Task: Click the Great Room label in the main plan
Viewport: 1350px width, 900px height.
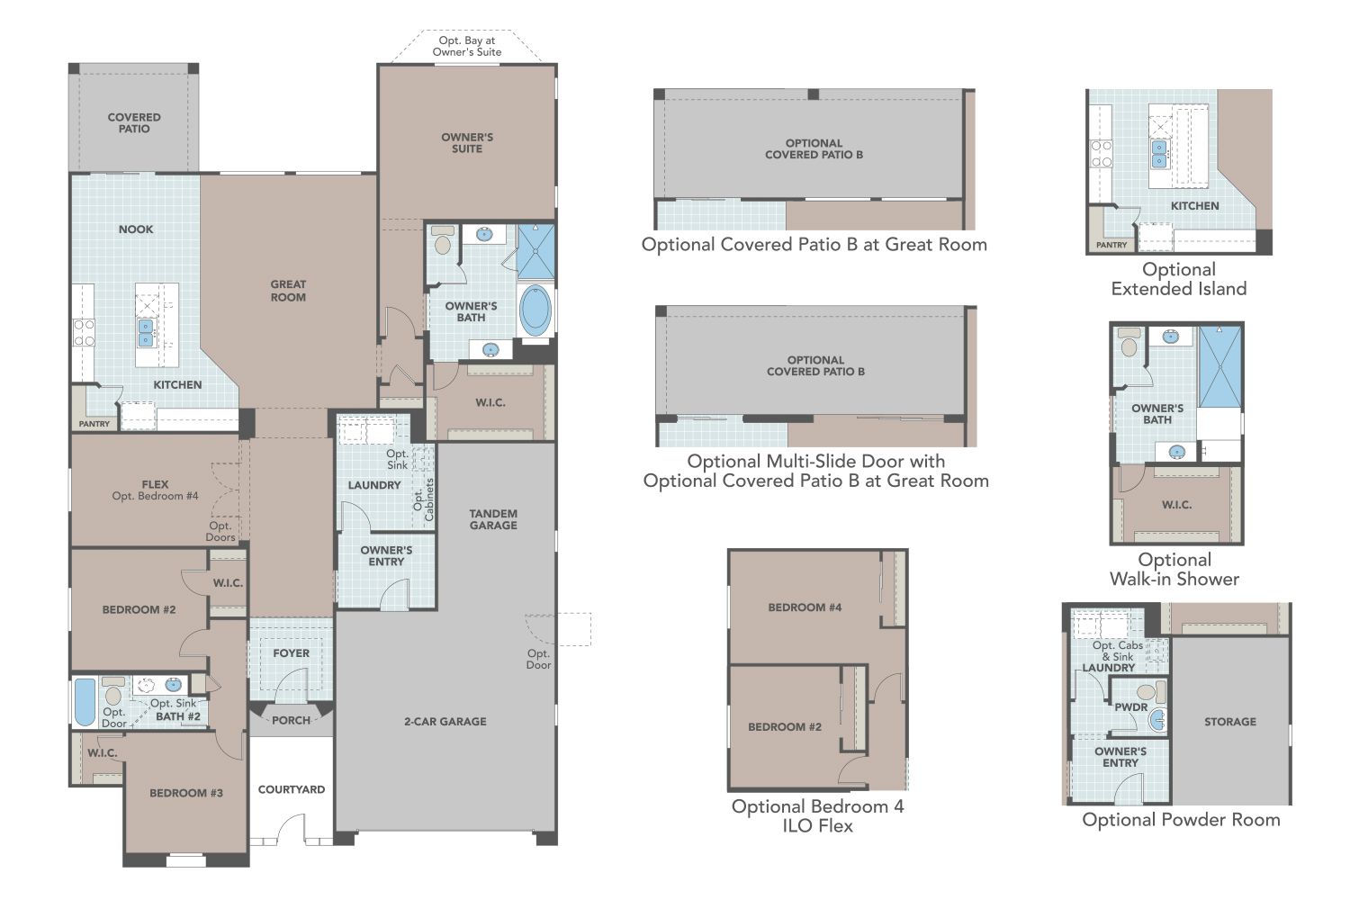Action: tap(288, 291)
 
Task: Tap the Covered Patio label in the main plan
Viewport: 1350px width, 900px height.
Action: tap(134, 122)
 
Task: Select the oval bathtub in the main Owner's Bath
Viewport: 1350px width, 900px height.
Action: tap(535, 311)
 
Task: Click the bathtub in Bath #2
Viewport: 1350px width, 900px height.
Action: tap(84, 702)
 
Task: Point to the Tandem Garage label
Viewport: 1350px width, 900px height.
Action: tap(493, 519)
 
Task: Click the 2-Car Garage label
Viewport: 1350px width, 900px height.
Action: tap(445, 721)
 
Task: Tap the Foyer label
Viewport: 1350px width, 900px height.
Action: tap(291, 653)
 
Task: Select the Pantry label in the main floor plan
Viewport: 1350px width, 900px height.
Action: tap(94, 424)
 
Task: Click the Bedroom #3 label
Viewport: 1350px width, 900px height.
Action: tap(186, 793)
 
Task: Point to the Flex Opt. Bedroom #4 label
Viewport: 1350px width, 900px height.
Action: tap(155, 490)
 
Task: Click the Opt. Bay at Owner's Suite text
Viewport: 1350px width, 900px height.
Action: tap(466, 46)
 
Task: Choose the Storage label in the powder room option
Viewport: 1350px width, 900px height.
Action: tap(1229, 722)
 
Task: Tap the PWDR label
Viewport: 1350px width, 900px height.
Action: tap(1130, 707)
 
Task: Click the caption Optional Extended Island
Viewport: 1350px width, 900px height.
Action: tap(1178, 279)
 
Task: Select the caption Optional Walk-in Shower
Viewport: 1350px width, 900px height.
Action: tap(1174, 570)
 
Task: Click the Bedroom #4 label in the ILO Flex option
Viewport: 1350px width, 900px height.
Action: tap(805, 607)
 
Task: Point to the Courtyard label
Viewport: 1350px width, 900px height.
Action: tap(292, 789)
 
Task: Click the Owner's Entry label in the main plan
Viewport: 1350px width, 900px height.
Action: tap(386, 555)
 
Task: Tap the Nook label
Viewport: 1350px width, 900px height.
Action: tap(136, 229)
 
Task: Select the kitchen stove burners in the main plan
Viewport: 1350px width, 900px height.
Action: tap(84, 333)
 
